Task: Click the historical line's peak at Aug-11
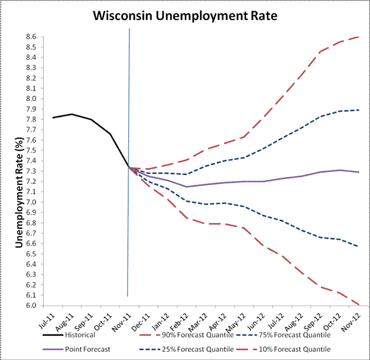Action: click(x=72, y=114)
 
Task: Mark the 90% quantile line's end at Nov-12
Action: click(x=359, y=37)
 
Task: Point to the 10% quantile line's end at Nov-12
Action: click(x=359, y=305)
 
